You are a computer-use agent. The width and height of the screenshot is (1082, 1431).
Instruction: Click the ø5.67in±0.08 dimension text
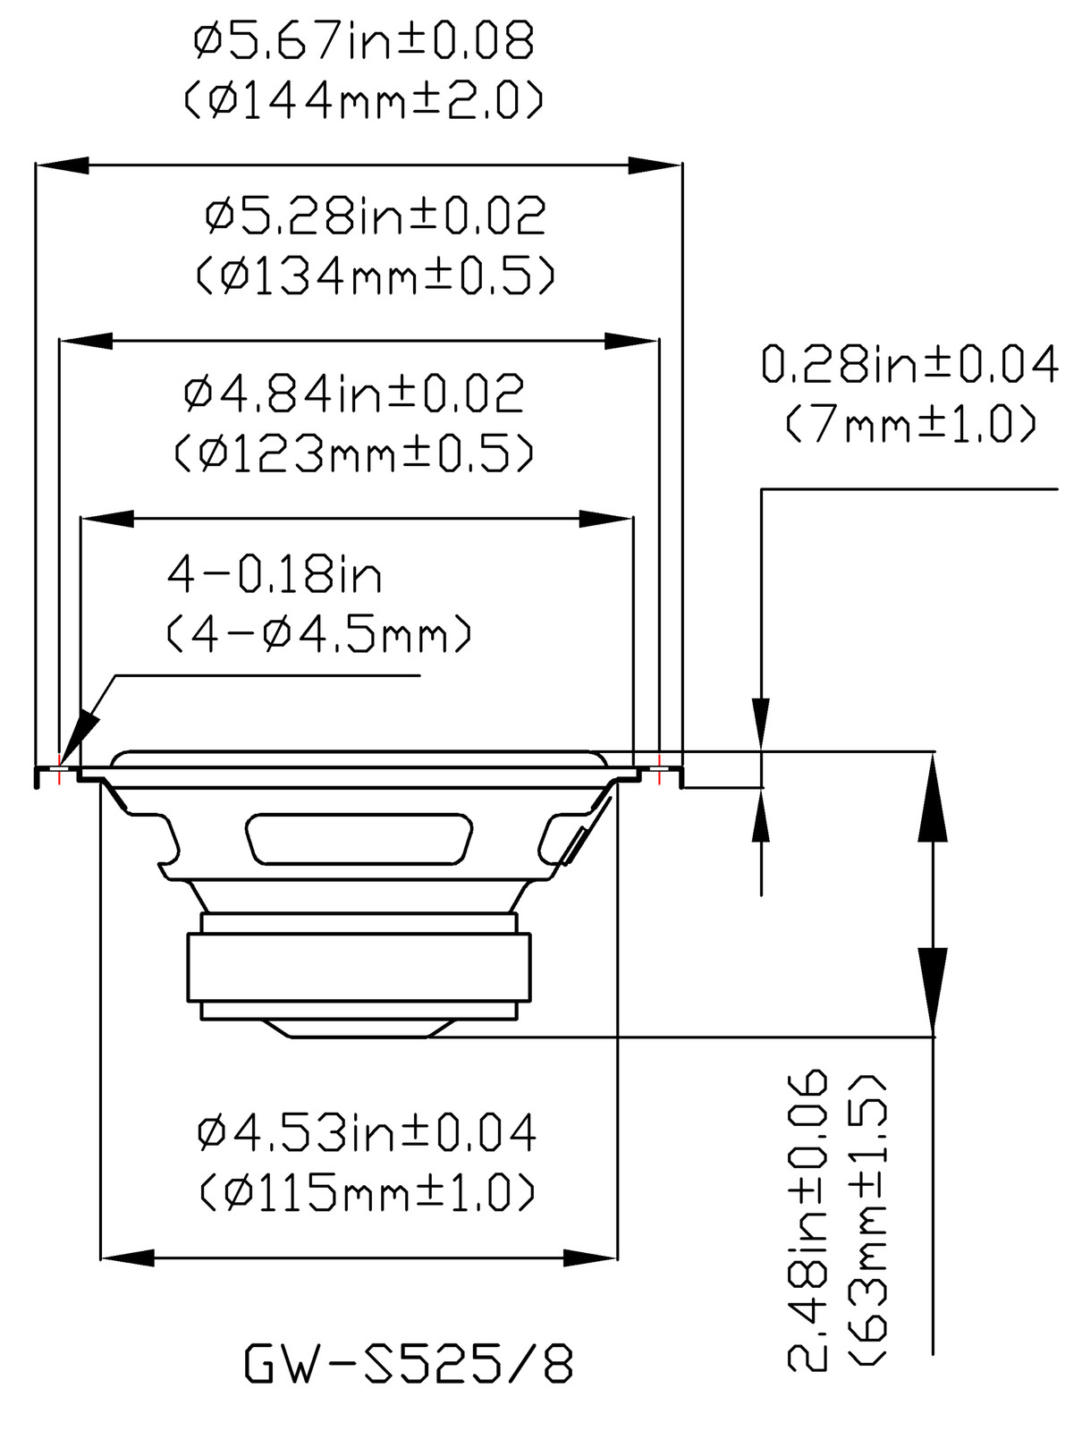point(364,42)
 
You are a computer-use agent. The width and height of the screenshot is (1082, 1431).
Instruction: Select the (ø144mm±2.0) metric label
point(364,101)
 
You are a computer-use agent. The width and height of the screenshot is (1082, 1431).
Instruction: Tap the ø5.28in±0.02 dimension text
point(376,216)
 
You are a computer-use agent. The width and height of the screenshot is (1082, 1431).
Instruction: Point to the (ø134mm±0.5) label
point(376,275)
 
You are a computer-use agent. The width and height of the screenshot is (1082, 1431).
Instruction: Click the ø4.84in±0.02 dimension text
point(354,394)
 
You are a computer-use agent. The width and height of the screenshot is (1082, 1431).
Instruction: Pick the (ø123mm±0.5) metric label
point(354,454)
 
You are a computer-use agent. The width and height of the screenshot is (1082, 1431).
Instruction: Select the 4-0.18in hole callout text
point(275,575)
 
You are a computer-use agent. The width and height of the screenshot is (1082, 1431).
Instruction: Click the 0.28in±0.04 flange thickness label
point(909,366)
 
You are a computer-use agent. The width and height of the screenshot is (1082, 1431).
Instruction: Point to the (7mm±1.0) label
point(909,425)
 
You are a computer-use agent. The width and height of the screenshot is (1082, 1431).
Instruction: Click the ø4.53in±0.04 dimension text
point(367,1133)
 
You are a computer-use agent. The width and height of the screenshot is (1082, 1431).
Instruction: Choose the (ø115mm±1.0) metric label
point(367,1191)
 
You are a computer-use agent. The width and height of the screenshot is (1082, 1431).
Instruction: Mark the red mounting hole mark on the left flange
point(59,769)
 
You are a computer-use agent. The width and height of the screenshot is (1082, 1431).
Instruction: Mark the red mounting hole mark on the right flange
point(660,769)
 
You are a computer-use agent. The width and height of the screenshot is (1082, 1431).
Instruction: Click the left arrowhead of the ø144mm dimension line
point(63,165)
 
